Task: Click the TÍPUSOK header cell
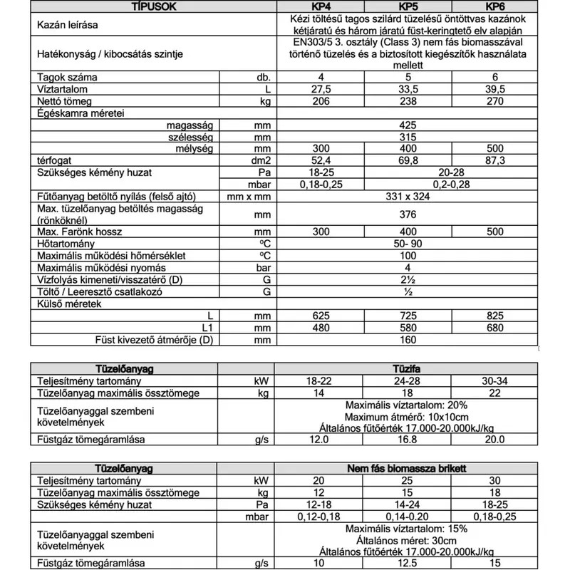click(x=150, y=7)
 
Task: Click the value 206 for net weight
click(x=321, y=102)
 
